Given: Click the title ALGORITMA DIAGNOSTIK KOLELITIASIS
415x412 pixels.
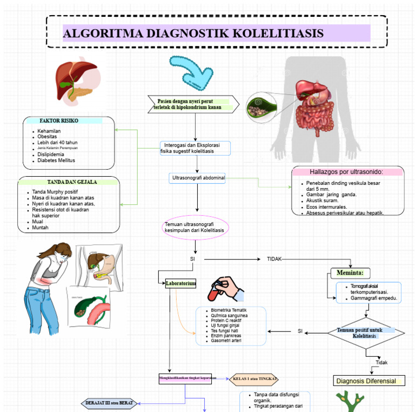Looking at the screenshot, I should click(x=193, y=34).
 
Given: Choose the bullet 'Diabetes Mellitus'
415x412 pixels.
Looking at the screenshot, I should click(x=56, y=161).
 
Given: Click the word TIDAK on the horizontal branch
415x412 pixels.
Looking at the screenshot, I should click(x=274, y=259).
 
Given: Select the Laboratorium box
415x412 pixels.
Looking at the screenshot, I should click(x=180, y=283).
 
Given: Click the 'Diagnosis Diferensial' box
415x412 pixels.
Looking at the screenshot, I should click(x=370, y=381).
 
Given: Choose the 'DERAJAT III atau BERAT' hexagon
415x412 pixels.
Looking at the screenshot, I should click(x=110, y=403).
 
